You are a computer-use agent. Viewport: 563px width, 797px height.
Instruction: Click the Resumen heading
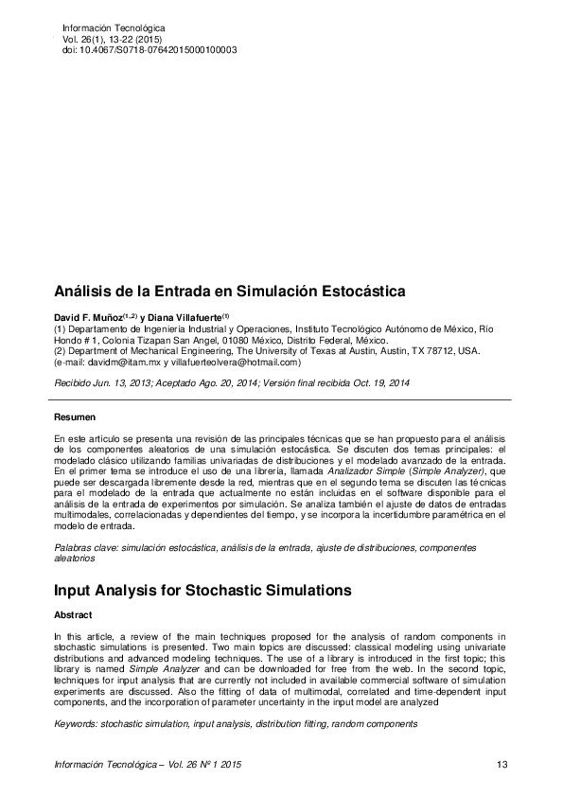click(x=74, y=416)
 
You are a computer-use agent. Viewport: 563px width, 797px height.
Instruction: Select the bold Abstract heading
click(x=73, y=614)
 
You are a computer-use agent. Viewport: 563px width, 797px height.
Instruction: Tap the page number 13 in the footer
click(x=501, y=764)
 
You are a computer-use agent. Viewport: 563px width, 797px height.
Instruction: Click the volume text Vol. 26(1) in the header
click(x=83, y=39)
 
